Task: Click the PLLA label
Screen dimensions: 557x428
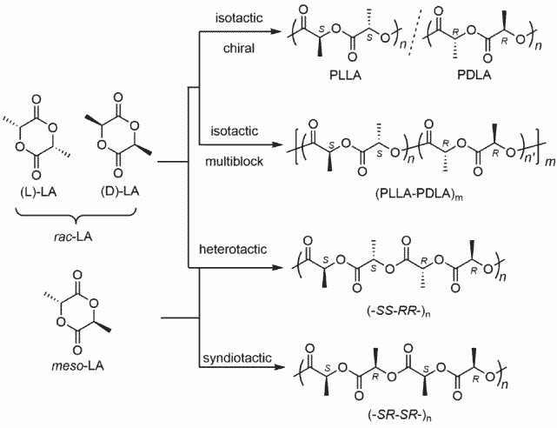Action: tap(345, 76)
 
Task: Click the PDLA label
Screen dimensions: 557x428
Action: tap(474, 76)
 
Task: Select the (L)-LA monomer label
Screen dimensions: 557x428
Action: tap(38, 192)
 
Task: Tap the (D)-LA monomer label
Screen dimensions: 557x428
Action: tap(119, 191)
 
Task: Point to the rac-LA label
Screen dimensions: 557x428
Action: tap(73, 237)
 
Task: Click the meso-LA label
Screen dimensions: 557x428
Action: tap(78, 365)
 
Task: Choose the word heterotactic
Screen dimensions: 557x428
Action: tap(233, 249)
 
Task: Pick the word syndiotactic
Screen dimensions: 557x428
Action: tap(237, 358)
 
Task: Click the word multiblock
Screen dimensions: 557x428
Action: tap(235, 162)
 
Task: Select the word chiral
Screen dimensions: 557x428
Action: tap(239, 48)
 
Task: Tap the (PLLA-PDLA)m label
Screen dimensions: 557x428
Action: tap(419, 195)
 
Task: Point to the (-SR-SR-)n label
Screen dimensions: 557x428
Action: tap(400, 414)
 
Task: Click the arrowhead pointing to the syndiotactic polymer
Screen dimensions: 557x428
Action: tap(280, 367)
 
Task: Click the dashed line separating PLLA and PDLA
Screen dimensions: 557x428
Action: tap(415, 32)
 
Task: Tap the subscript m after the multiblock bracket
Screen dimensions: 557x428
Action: tap(550, 162)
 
